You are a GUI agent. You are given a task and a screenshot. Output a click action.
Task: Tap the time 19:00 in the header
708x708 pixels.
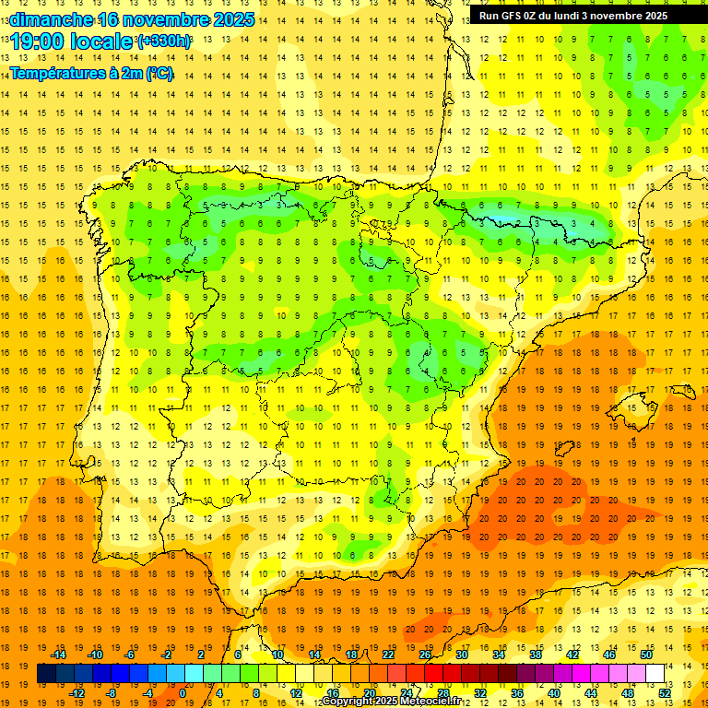38,41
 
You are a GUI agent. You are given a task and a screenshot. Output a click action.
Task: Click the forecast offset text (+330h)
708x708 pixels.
164,41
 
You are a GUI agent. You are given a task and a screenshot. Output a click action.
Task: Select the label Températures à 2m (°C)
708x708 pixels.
91,73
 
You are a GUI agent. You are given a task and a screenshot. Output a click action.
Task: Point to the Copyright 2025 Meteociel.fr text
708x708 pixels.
391,702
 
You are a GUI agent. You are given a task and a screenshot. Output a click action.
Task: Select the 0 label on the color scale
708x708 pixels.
183,692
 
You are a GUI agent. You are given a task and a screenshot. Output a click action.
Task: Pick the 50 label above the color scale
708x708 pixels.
645,655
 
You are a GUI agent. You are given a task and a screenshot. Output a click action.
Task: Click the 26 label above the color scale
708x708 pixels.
425,655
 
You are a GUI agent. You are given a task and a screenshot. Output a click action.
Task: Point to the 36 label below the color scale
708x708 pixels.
516,692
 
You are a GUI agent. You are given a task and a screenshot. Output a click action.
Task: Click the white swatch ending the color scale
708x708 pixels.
655,674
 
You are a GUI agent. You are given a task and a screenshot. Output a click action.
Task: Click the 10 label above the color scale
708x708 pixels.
277,655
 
